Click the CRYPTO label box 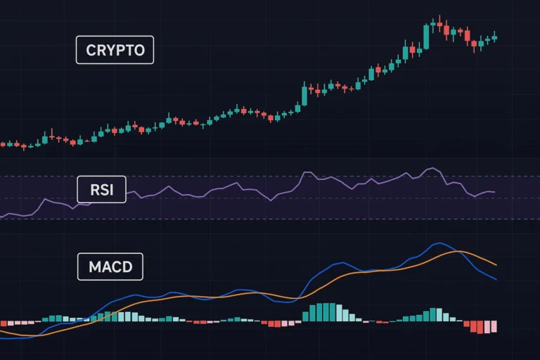(115, 50)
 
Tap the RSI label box (101, 189)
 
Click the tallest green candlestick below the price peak (426, 37)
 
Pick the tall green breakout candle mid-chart (304, 96)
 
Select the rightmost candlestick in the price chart (494, 38)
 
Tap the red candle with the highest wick (439, 25)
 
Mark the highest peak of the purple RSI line (434, 168)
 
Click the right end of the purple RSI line (495, 192)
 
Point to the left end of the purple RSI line (1, 217)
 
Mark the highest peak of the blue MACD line (439, 243)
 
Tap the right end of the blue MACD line (496, 280)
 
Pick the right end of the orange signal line (496, 265)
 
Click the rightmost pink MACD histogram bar (494, 326)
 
